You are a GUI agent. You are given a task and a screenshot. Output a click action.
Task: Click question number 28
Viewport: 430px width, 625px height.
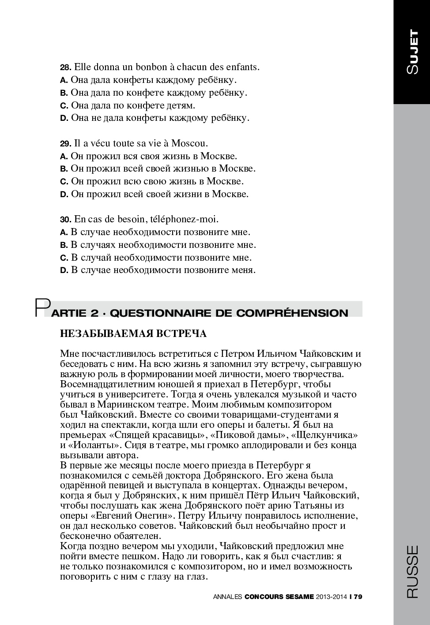pos(65,67)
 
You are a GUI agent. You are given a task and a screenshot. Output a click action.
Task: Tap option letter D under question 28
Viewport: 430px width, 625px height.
pos(64,118)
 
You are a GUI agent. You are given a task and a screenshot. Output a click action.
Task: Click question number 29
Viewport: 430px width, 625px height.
pos(65,144)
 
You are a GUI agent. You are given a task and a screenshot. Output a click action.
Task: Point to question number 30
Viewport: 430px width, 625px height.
pos(65,220)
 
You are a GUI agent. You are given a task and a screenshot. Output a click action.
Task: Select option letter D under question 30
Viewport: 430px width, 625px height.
pos(64,270)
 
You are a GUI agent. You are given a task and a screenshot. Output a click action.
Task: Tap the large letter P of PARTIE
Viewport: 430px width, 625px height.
pos(43,308)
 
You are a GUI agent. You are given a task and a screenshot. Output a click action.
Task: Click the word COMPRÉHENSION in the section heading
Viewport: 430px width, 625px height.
pos(292,313)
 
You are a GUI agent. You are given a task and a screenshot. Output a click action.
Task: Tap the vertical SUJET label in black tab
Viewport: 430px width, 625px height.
pos(412,52)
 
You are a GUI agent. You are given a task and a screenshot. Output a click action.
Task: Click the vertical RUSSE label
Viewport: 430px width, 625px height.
pos(412,572)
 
